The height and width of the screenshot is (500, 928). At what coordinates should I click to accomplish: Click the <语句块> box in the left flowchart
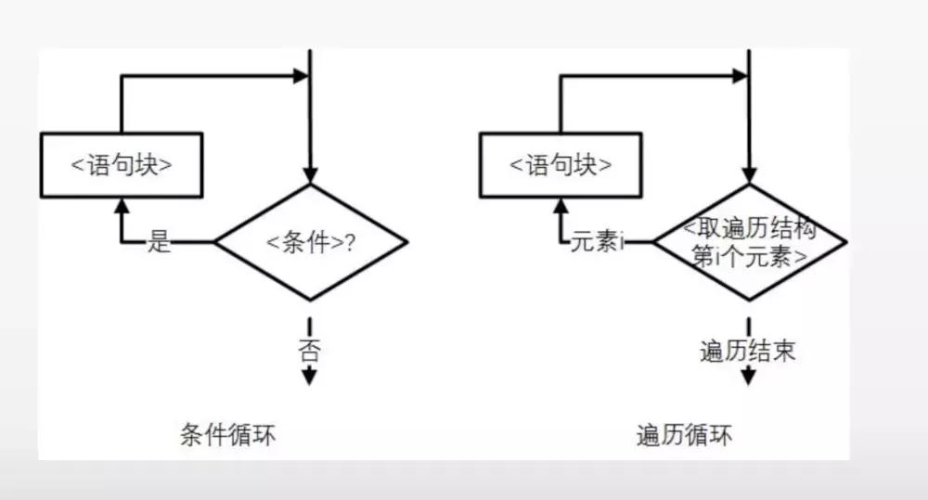click(122, 165)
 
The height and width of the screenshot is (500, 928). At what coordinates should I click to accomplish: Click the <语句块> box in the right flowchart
click(561, 165)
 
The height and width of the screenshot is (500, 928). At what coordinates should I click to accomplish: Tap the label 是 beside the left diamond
click(161, 243)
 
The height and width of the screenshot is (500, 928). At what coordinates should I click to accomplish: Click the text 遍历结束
click(748, 352)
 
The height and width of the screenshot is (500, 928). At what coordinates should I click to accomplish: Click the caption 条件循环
click(228, 435)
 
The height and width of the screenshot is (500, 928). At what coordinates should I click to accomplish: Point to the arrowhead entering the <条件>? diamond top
click(311, 174)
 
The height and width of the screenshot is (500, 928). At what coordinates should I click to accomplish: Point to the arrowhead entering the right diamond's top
click(750, 174)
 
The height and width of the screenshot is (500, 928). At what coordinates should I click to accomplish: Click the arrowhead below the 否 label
click(310, 377)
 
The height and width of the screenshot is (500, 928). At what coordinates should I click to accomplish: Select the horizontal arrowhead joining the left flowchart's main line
click(300, 76)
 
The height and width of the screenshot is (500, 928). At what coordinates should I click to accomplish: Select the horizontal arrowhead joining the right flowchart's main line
click(739, 76)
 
